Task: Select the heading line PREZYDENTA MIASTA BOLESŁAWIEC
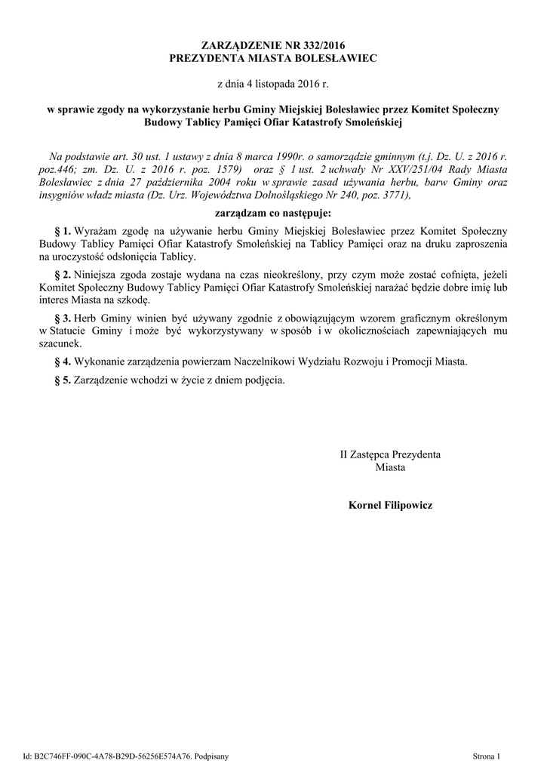[x=273, y=57]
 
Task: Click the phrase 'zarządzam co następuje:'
[x=273, y=212]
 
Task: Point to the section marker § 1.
[x=63, y=229]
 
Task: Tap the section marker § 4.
[x=63, y=361]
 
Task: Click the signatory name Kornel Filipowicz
[x=390, y=504]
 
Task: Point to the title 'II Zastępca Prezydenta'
[x=390, y=455]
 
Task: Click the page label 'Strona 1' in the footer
[x=487, y=755]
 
